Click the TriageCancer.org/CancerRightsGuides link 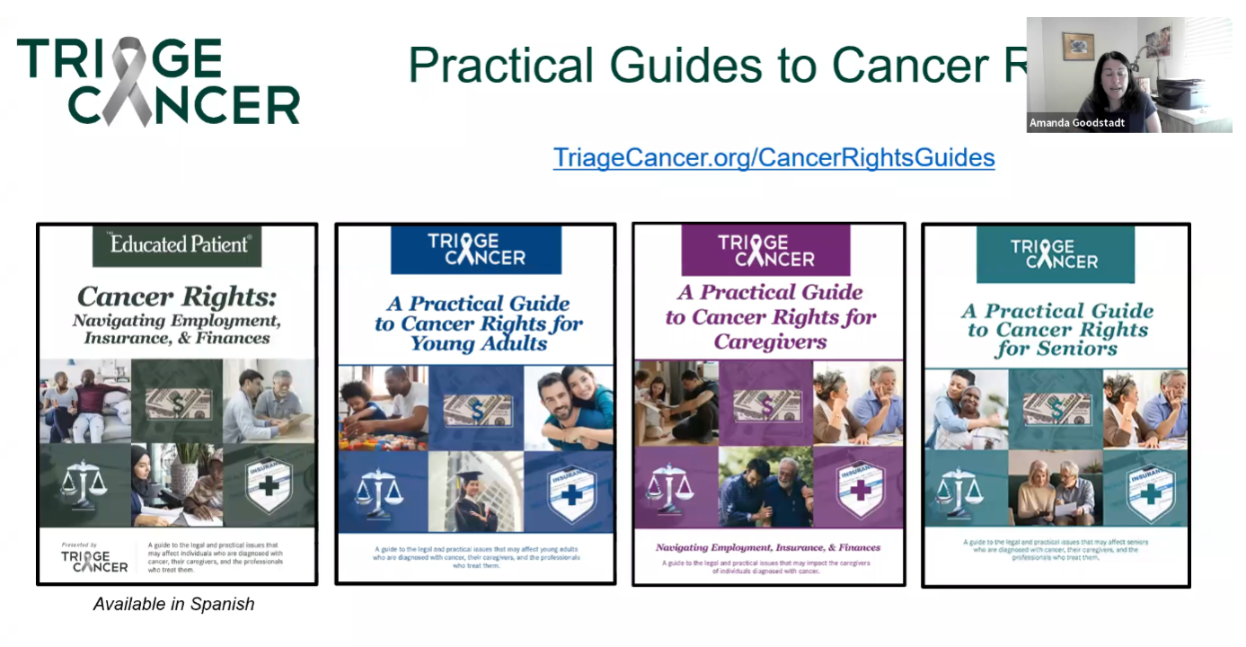[773, 157]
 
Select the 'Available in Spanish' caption [173, 605]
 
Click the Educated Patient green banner [177, 244]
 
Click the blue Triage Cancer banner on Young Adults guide [475, 250]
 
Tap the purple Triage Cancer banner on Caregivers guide [765, 249]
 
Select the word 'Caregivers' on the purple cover [770, 341]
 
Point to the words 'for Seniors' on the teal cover [1056, 350]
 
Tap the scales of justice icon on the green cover [83, 482]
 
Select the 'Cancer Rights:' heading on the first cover [176, 296]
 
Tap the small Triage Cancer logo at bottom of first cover [94, 561]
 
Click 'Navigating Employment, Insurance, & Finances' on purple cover [767, 547]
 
